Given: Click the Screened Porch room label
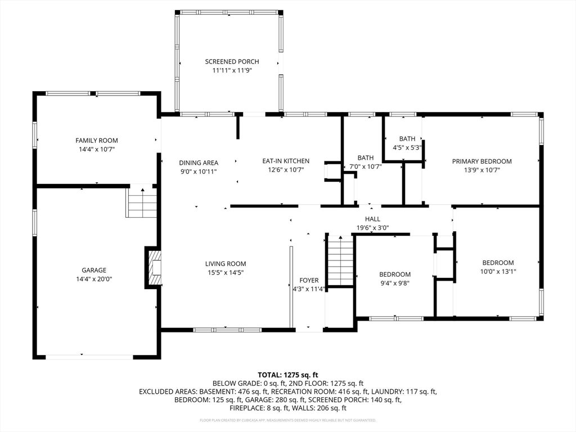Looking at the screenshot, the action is [232, 62].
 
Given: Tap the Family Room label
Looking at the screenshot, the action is [97, 140].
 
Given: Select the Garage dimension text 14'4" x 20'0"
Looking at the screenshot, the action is [94, 279].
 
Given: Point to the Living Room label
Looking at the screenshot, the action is [226, 264].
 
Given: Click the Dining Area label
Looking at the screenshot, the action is [199, 163].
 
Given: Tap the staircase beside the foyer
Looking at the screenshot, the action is [340, 260].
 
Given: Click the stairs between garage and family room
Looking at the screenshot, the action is [142, 202].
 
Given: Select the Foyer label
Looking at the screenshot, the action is [309, 280].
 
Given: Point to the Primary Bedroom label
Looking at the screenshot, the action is [482, 161].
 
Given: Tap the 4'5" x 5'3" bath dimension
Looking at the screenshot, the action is [407, 148].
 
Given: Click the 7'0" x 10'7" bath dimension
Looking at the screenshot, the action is [366, 166].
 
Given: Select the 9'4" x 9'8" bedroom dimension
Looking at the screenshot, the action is [395, 283].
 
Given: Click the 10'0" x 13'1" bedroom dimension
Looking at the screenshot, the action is [498, 272].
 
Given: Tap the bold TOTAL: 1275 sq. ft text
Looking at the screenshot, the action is [288, 375].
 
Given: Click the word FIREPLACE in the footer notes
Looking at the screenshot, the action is [246, 408].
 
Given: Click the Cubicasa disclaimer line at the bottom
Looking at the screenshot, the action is [288, 420].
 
